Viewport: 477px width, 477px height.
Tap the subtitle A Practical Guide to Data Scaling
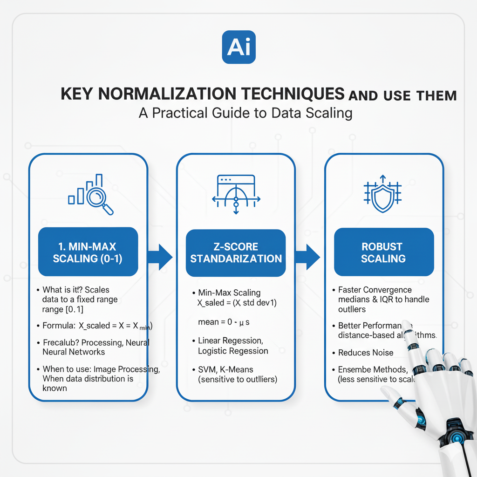245,113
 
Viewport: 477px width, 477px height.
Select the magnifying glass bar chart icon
91,195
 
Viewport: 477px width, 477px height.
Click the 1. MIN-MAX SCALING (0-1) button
88,252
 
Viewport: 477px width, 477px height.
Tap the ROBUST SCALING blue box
383,252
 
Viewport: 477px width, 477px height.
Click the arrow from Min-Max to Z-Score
159,257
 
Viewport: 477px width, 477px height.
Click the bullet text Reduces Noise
366,353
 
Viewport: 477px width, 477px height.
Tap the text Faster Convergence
375,290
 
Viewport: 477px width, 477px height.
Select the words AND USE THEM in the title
402,95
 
